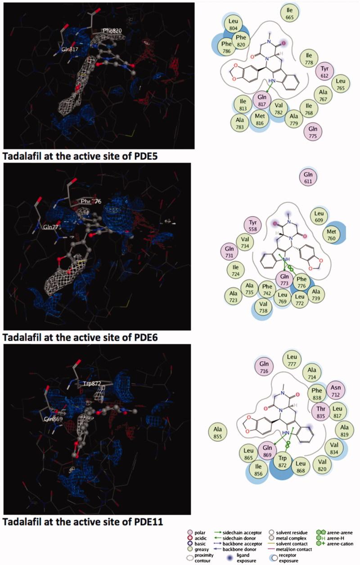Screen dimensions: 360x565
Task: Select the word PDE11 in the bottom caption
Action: click(145, 522)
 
